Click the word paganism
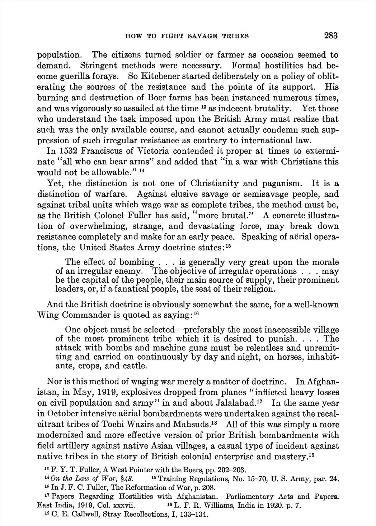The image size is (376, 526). coord(281,183)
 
